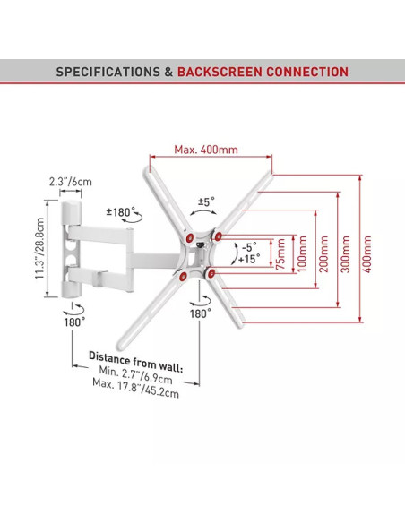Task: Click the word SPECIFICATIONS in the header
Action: coord(108,72)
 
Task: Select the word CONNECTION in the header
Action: coord(307,72)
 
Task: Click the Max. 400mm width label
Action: coord(206,149)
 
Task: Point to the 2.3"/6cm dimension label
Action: coord(71,182)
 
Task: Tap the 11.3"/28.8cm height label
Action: coord(39,248)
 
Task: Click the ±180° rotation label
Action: coord(121,212)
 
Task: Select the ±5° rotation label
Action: coord(206,201)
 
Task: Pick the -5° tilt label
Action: coord(249,247)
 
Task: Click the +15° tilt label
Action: coord(249,259)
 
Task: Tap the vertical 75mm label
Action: coord(280,253)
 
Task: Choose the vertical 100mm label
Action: coord(302,253)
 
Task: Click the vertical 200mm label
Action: coord(324,253)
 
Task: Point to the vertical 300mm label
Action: coord(346,253)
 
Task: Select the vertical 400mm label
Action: coord(367,253)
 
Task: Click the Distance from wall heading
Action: coord(136,362)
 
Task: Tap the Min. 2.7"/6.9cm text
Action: coord(136,375)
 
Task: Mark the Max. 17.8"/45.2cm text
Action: coord(136,388)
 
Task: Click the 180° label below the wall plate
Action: coord(74,322)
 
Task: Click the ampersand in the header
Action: coord(168,72)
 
